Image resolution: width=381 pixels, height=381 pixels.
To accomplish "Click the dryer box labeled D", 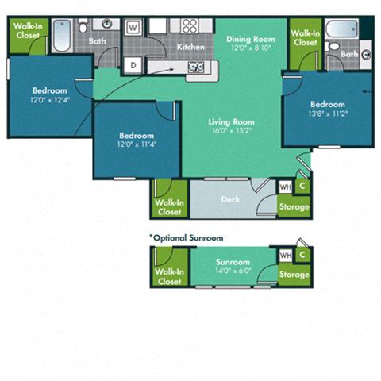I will (133, 64).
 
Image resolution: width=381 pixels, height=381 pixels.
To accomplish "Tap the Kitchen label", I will (190, 47).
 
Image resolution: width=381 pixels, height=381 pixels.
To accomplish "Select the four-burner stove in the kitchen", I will (190, 25).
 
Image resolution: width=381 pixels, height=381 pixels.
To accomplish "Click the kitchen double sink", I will (196, 67).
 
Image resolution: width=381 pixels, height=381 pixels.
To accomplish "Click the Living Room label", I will (229, 121).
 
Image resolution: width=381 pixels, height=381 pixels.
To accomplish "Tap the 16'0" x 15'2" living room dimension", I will (229, 131).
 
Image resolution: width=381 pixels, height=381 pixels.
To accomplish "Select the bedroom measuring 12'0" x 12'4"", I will (50, 96).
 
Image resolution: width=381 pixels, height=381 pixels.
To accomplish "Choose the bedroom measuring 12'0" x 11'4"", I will (133, 140).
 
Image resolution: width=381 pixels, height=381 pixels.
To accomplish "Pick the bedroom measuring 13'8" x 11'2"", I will (327, 110).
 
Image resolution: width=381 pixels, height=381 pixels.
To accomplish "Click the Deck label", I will (230, 199).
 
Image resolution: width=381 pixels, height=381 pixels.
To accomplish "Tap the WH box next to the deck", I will (285, 187).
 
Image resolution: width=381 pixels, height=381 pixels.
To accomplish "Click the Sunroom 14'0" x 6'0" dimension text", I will (233, 271).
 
